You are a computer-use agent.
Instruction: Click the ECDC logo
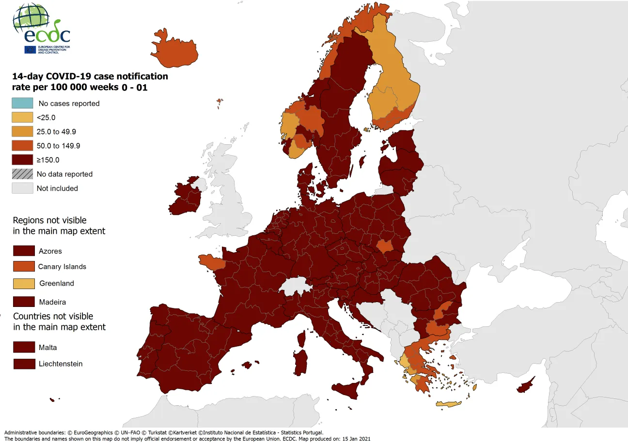tap(41, 29)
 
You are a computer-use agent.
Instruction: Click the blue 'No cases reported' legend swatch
tap(23, 103)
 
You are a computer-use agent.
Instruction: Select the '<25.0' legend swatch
tap(23, 117)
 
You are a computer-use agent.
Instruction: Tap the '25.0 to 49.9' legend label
tap(56, 132)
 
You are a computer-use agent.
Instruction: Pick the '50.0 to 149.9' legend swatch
tap(23, 146)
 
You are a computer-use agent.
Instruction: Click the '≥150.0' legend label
tap(48, 160)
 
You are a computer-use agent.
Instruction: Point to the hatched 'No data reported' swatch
tap(23, 174)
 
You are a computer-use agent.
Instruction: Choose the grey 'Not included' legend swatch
tap(23, 188)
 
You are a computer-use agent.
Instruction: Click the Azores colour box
tap(24, 251)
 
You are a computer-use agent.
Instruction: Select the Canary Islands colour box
tap(24, 266)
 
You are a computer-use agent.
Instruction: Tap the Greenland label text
tap(57, 283)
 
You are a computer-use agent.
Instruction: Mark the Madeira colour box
tap(24, 302)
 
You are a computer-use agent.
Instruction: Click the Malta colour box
tap(24, 347)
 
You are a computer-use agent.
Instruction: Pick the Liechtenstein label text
tap(61, 364)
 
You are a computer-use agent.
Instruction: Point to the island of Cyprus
tap(525, 386)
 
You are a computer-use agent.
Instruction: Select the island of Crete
tap(448, 404)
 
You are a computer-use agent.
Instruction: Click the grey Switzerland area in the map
tap(296, 286)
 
